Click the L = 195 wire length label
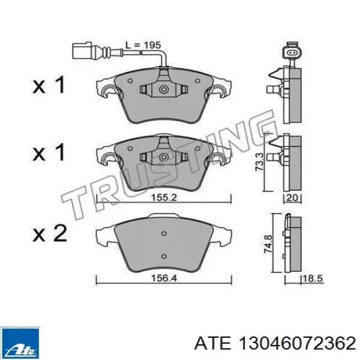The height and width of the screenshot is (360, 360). [143, 45]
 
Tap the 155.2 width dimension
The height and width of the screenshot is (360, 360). [164, 197]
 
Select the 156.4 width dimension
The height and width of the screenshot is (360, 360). [164, 278]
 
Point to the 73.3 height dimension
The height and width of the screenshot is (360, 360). [260, 162]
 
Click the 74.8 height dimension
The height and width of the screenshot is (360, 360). [268, 244]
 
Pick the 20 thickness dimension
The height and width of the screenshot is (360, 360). [292, 197]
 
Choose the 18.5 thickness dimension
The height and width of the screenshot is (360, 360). [313, 279]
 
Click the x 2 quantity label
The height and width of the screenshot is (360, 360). [50, 233]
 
